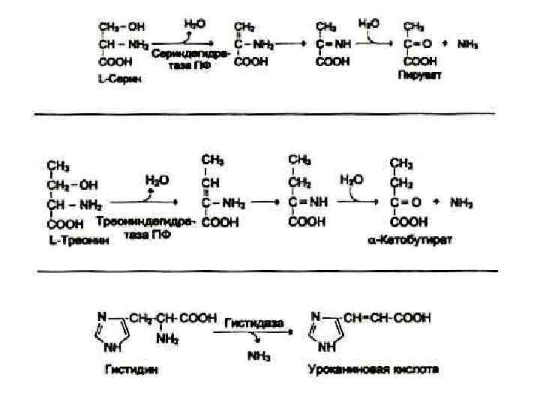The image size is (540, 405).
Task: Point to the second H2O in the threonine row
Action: [x=352, y=180]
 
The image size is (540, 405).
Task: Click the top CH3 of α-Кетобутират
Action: [x=402, y=163]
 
